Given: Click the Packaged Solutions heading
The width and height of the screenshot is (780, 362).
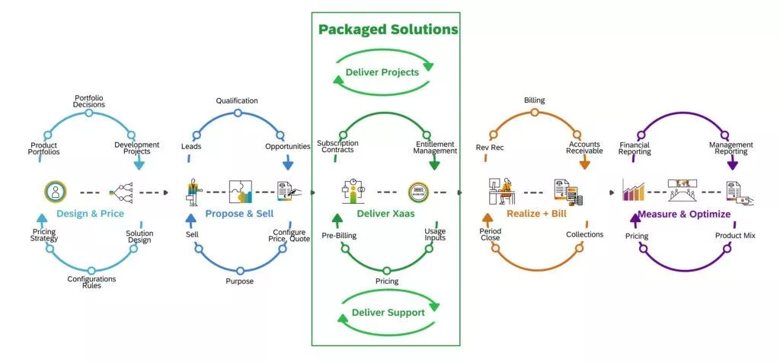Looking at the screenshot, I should tap(388, 30).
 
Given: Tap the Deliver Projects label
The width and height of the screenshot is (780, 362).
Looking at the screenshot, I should tap(382, 72).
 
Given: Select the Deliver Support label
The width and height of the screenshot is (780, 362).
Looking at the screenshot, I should tap(387, 313).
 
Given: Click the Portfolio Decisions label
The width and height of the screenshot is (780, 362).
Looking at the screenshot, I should tap(89, 101).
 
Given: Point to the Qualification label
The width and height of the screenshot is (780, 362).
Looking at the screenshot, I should tap(237, 100).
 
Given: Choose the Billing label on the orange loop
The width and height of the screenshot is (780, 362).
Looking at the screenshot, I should tap(535, 100).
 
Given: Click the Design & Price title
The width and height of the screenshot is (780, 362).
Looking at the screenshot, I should tap(90, 214).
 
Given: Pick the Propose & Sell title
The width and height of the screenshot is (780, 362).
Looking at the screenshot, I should tap(239, 214).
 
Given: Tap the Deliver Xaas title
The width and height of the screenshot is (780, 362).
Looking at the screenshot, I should tap(386, 214).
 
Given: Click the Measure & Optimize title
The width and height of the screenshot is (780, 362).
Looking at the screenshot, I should tap(684, 214).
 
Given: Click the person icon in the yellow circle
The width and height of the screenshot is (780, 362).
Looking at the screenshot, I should tap(55, 192).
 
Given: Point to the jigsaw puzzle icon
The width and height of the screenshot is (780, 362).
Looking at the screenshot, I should tap(240, 192).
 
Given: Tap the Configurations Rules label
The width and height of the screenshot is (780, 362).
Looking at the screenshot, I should tap(91, 282).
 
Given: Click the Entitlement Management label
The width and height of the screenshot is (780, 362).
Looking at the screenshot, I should tap(436, 147).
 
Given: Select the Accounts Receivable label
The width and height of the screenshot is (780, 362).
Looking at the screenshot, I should tap(584, 147).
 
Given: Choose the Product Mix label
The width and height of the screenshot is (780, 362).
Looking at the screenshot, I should tap(734, 236).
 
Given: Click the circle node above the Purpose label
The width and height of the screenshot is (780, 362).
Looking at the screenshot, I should tap(240, 270).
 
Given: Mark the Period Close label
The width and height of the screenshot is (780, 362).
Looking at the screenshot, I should tap(490, 234).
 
